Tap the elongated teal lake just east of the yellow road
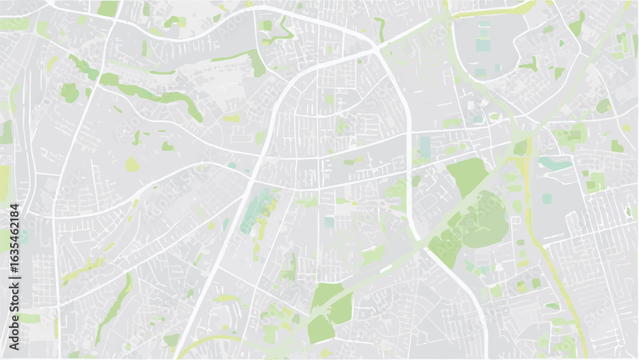click(555, 164)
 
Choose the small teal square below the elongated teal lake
click(547, 198)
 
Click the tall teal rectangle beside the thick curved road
click(425, 146)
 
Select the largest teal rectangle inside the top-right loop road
click(483, 45)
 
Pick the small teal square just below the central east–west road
click(328, 222)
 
